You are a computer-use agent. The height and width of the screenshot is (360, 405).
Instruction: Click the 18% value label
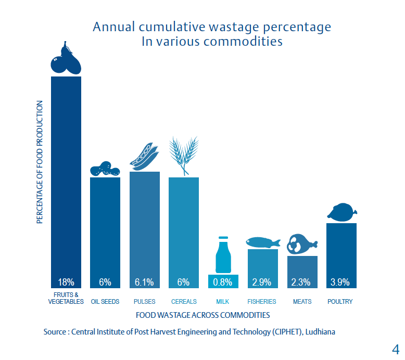(66, 282)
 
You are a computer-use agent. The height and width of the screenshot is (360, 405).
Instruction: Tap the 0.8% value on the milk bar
(223, 282)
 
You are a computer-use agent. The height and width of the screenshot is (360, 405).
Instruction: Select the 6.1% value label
(144, 282)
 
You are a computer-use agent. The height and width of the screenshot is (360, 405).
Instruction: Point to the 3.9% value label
(341, 282)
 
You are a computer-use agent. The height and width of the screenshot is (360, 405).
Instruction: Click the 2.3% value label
(301, 282)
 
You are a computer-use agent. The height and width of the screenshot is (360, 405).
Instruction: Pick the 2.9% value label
(262, 282)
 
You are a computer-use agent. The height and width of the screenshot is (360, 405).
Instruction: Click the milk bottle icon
(223, 255)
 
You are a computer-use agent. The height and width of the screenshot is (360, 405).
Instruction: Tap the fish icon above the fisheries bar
(262, 242)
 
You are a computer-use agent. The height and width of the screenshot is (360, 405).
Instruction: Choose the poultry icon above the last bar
(341, 212)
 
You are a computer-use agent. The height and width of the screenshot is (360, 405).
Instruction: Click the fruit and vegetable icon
(66, 60)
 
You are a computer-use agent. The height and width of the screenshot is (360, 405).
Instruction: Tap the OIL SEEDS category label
(105, 302)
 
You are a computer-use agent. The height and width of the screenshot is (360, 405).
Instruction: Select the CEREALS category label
(184, 302)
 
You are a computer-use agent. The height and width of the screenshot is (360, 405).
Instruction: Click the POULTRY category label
(340, 302)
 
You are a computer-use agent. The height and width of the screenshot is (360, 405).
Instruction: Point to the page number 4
(395, 348)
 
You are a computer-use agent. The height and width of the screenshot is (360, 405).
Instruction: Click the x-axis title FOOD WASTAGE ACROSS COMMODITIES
(202, 315)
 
